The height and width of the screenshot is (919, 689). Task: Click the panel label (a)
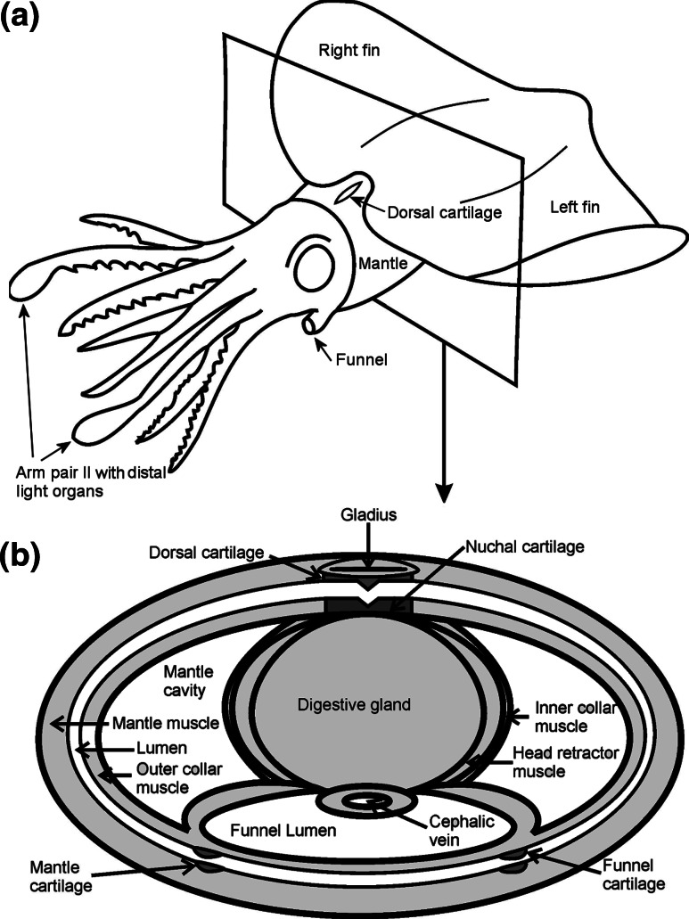click(x=20, y=18)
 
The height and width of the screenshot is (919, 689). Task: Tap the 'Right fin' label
click(x=349, y=51)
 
